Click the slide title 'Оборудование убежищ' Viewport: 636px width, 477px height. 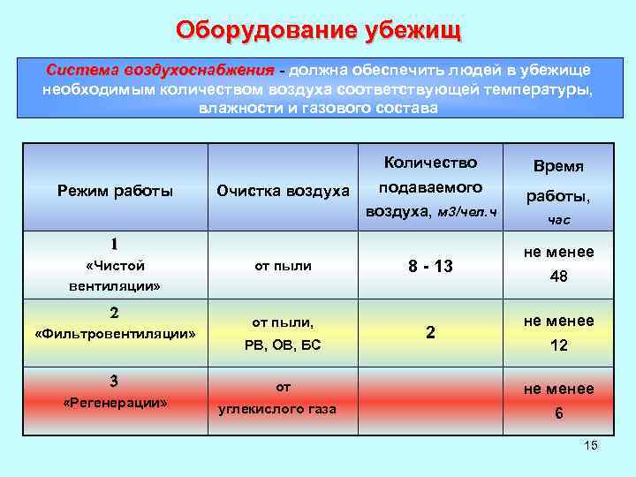coord(318,29)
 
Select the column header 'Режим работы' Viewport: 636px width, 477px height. coord(115,191)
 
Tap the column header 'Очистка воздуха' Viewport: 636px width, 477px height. coord(284,191)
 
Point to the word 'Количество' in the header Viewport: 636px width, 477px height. coord(430,163)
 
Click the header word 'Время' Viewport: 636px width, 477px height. coord(558,166)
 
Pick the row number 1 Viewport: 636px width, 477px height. coord(114,244)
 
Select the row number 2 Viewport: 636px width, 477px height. coord(114,312)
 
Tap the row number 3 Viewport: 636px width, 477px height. coord(114,381)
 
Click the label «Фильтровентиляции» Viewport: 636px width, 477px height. coord(114,333)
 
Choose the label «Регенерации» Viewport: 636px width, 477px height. coord(114,402)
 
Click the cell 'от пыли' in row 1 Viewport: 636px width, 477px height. coord(283,265)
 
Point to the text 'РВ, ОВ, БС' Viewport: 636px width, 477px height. coord(283,344)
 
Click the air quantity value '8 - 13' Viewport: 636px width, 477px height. coord(430,266)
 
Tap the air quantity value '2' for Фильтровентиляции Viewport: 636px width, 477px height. coord(430,333)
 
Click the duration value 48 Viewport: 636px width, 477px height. coord(558,276)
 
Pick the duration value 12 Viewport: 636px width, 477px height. coord(558,345)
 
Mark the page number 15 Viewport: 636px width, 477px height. coord(591,445)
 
